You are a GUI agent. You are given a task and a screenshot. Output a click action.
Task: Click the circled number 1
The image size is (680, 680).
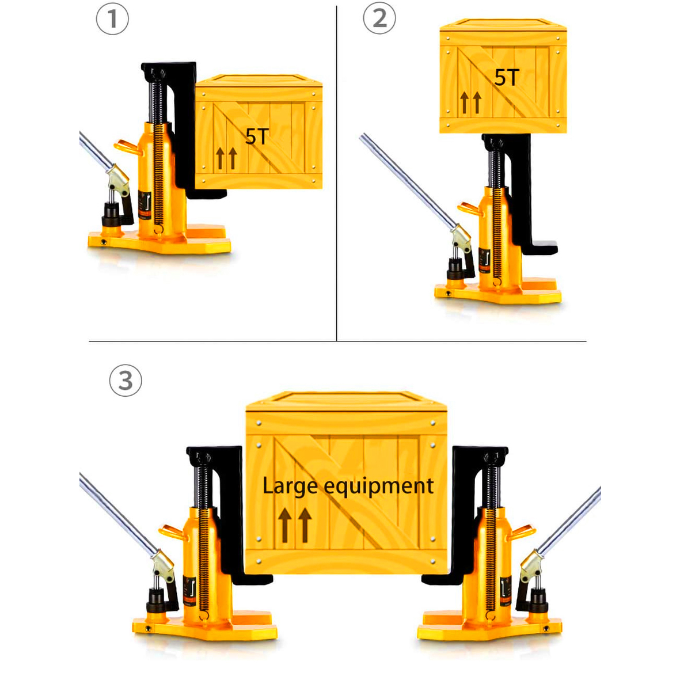tap(112, 19)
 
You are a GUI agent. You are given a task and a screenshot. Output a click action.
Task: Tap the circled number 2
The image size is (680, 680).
tap(379, 18)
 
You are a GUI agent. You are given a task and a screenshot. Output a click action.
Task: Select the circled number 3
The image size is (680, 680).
tap(126, 381)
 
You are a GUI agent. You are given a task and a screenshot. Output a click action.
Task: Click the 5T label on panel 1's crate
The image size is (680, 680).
tap(257, 136)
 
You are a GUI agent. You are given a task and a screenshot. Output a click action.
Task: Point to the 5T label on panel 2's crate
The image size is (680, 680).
tap(507, 78)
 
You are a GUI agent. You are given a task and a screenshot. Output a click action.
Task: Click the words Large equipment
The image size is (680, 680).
tap(348, 487)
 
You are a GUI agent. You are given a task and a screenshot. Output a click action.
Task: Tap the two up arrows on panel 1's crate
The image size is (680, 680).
tap(226, 158)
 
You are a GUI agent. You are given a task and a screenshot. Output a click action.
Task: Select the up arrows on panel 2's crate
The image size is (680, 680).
tap(470, 102)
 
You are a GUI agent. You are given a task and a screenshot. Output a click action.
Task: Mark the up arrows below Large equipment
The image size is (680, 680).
tap(295, 525)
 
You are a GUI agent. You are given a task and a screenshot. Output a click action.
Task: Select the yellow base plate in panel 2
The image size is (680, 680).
tap(498, 291)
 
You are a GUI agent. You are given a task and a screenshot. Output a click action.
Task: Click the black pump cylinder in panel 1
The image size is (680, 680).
tap(111, 214)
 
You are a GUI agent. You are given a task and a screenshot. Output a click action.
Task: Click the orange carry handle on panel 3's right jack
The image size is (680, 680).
tap(522, 532)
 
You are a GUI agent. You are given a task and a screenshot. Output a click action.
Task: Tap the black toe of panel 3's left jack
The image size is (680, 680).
tap(254, 579)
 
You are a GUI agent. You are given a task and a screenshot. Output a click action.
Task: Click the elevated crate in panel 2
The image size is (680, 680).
tap(503, 76)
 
